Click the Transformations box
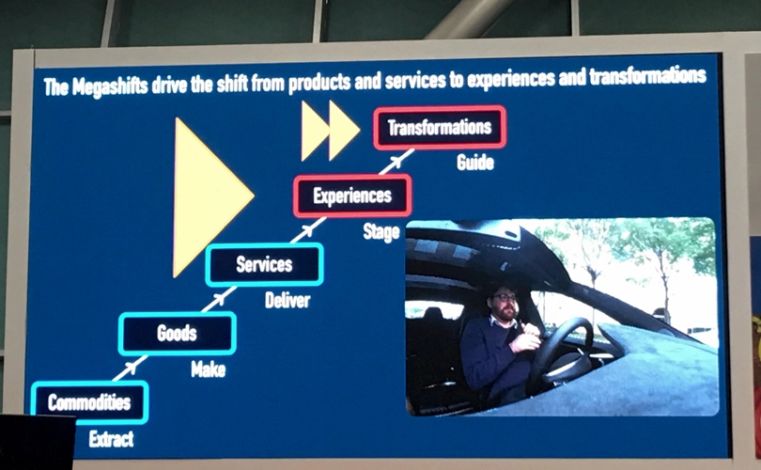pyautogui.click(x=440, y=127)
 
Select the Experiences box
pyautogui.click(x=352, y=196)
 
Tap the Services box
pyautogui.click(x=265, y=265)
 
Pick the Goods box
pyautogui.click(x=178, y=334)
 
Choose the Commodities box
pyautogui.click(x=89, y=402)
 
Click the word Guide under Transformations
pyautogui.click(x=475, y=163)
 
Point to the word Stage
pyautogui.click(x=381, y=232)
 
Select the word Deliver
pyautogui.click(x=287, y=301)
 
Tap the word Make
pyautogui.click(x=209, y=370)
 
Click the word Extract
pyautogui.click(x=111, y=439)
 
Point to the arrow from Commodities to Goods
pyautogui.click(x=130, y=368)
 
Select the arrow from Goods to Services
pyautogui.click(x=219, y=299)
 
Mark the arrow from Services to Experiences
pyautogui.click(x=308, y=229)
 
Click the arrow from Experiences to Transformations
pyautogui.click(x=396, y=161)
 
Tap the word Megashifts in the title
pyautogui.click(x=110, y=86)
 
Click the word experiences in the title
pyautogui.click(x=511, y=79)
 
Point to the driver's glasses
pyautogui.click(x=504, y=297)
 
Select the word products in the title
pyautogui.click(x=319, y=83)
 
